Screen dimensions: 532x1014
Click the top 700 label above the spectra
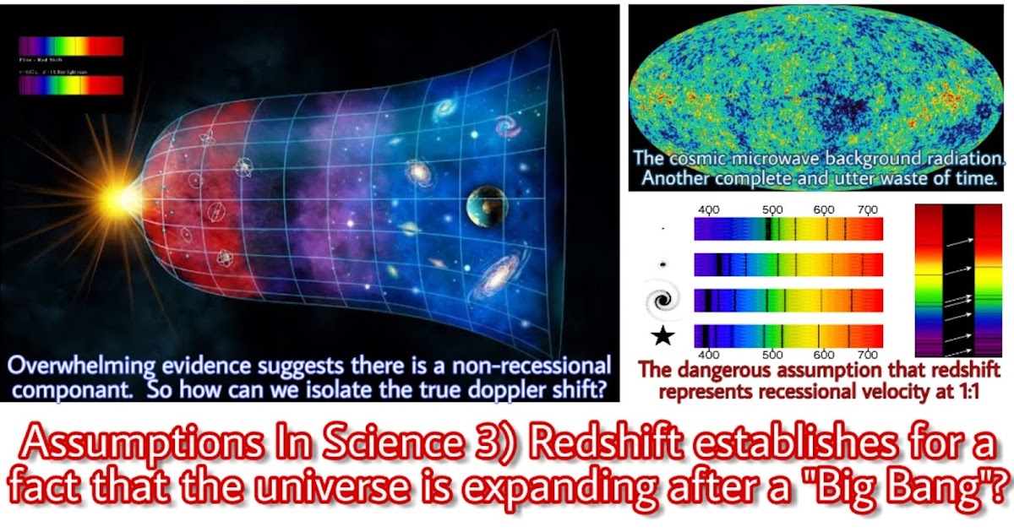867,210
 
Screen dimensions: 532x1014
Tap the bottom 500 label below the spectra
772,356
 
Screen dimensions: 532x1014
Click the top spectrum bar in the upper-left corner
72,46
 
